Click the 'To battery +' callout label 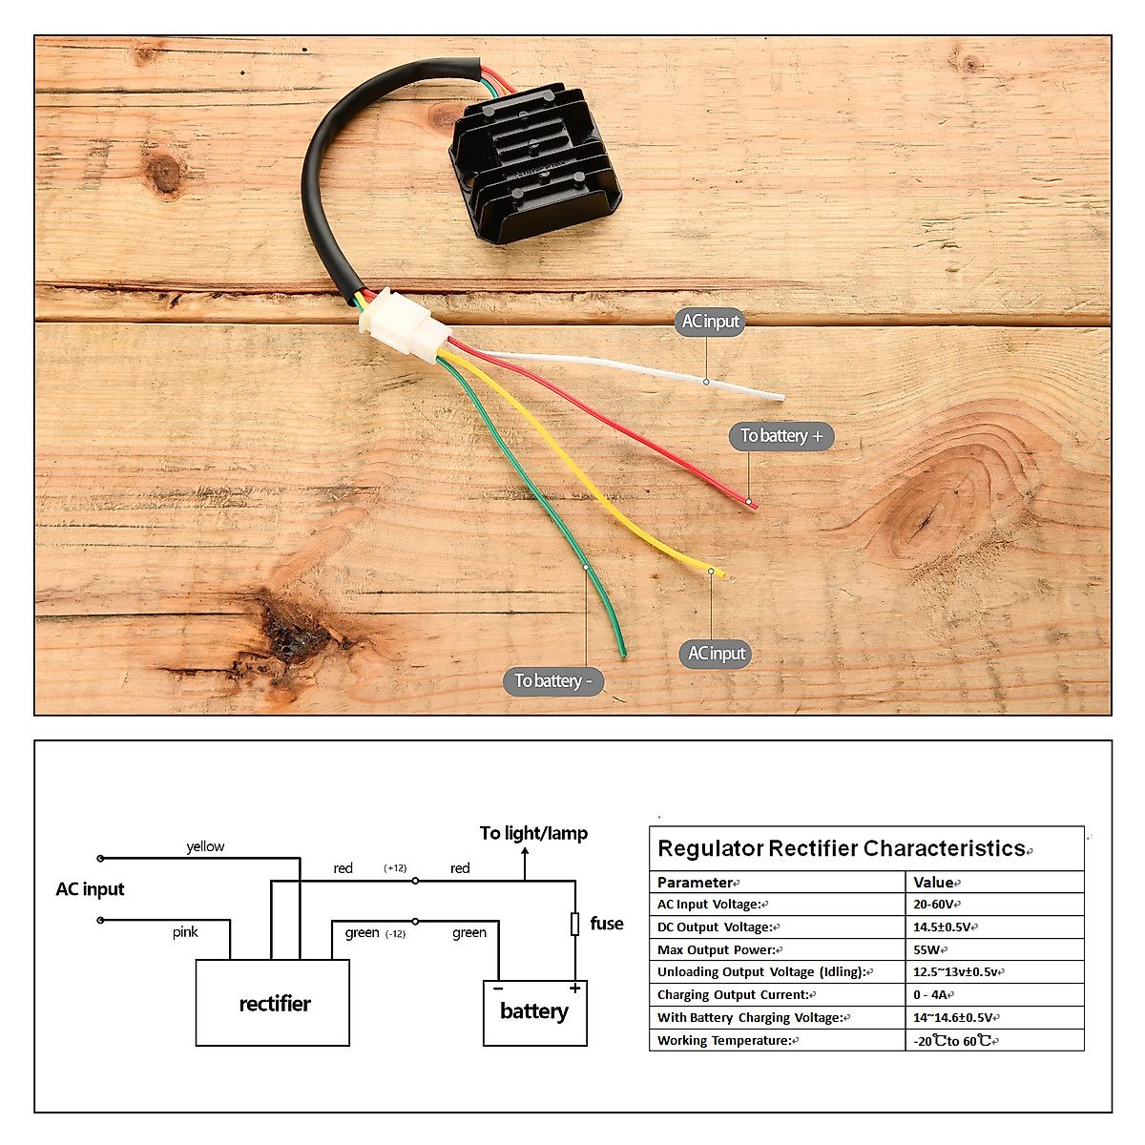pos(781,436)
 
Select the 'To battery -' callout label pos(552,680)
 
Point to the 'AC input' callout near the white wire pos(711,322)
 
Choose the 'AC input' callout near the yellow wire pos(717,654)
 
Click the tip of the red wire pos(753,504)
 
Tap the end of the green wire pos(622,653)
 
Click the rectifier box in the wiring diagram pos(273,1003)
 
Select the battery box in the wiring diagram pos(534,1012)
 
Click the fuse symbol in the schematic pos(574,924)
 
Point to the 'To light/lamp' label pos(533,833)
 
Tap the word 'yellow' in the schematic pos(205,846)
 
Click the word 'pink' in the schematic pos(185,932)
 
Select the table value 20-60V pos(934,905)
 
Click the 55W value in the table pos(926,949)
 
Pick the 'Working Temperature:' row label pos(724,1040)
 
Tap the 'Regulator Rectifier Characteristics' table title pos(842,848)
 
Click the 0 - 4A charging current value pos(930,994)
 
